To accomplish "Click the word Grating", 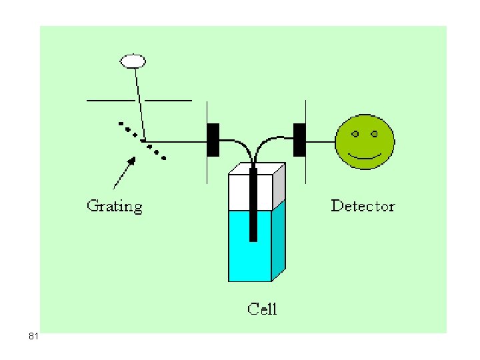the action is pos(115,206).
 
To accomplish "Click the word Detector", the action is pos(363,206).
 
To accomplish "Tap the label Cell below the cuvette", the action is pos(262,309).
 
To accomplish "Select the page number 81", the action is pos(33,336).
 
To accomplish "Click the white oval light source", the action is pos(133,61).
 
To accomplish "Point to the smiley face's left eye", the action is pos(355,134).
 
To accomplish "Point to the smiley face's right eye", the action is pos(374,134).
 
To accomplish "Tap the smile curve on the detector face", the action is pos(364,158).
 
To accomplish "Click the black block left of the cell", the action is pos(213,140).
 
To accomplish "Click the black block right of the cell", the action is pos(299,140).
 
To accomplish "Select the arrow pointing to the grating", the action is pos(124,173).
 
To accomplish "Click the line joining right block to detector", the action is pos(321,142).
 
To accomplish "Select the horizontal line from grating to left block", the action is pos(175,142).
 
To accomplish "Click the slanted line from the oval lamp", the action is pos(140,104).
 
